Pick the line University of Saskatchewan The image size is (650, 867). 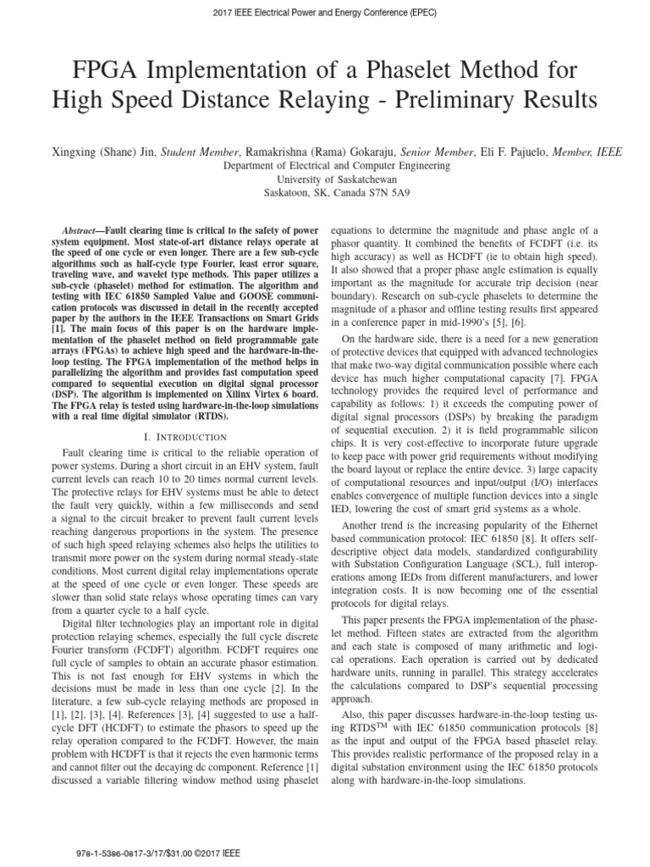click(324, 179)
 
